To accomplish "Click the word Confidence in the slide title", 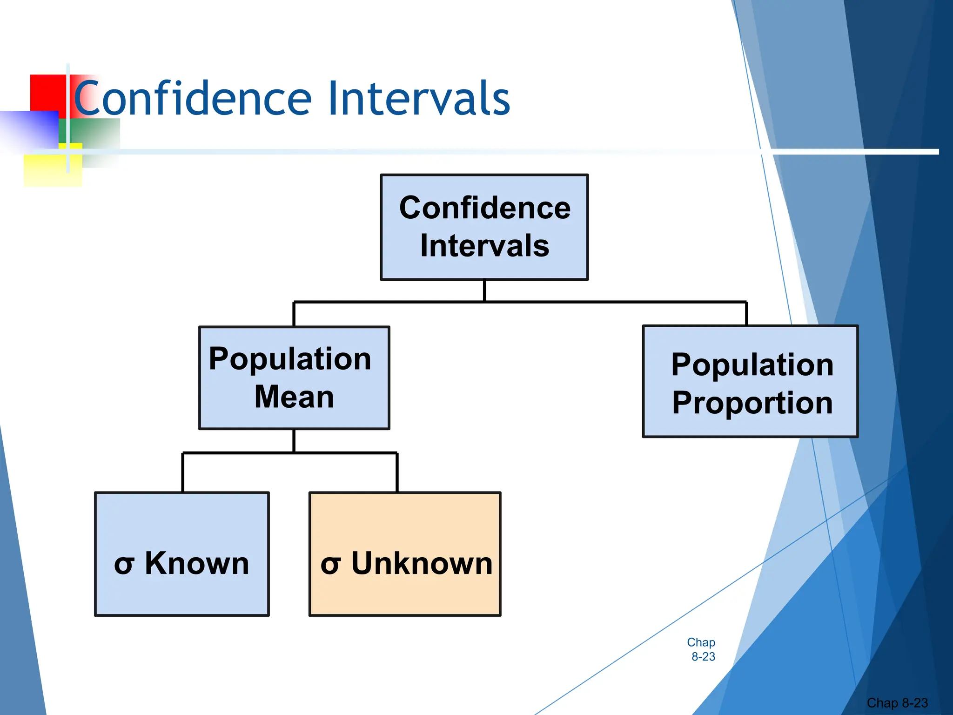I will pos(192,99).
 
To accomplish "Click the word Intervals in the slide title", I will pos(418,99).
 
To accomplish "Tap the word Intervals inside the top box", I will pos(484,246).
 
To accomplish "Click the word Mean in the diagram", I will pos(294,397).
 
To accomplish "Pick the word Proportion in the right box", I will pos(752,403).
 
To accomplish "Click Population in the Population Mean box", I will pos(290,359).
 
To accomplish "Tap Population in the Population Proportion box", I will pos(752,364).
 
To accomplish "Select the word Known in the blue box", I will pos(197,563).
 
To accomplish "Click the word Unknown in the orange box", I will pos(422,563).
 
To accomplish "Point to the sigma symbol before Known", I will pos(124,565).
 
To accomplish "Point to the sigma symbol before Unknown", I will pos(330,565).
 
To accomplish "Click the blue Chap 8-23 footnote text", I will pos(702,649).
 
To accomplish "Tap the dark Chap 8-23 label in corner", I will pos(897,702).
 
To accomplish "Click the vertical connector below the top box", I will pos(484,290).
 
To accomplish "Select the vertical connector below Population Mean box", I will pos(294,440).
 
